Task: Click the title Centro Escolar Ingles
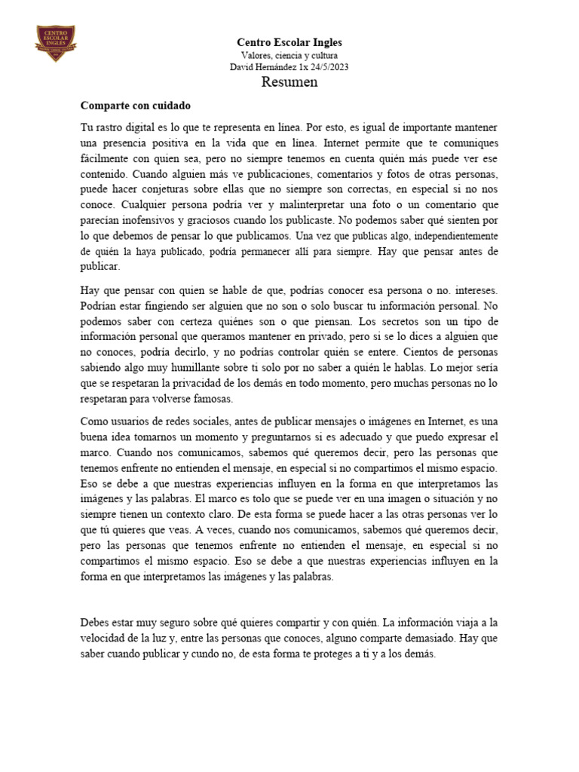pos(289,43)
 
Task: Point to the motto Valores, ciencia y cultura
pos(289,55)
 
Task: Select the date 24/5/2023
pos(327,66)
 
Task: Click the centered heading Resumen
pos(289,82)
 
